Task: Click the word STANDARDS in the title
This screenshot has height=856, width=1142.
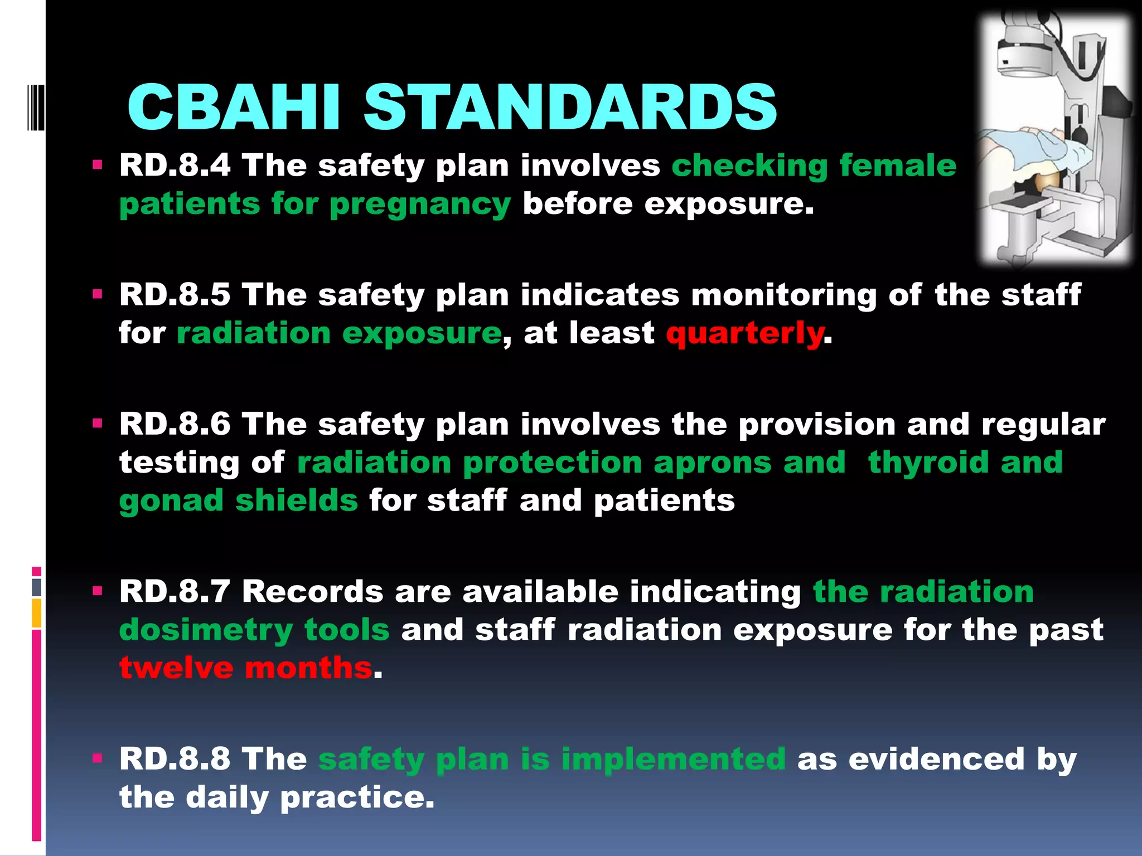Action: (x=570, y=107)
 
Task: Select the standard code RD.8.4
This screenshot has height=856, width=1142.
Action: (x=175, y=166)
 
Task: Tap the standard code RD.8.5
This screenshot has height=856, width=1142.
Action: (x=175, y=294)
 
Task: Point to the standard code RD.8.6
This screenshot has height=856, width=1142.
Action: (x=175, y=424)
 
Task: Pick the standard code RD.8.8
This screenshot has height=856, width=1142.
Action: (x=175, y=759)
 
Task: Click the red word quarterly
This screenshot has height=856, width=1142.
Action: (x=745, y=333)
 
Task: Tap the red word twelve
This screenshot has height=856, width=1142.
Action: (x=176, y=668)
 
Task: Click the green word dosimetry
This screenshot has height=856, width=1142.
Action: (x=206, y=630)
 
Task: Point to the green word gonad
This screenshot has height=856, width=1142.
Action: (x=171, y=500)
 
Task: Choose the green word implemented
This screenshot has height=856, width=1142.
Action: (x=673, y=759)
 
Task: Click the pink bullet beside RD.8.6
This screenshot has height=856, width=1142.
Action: (x=98, y=424)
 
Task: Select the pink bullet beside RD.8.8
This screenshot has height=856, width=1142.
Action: (x=98, y=758)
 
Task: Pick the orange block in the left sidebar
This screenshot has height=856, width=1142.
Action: (x=37, y=613)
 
